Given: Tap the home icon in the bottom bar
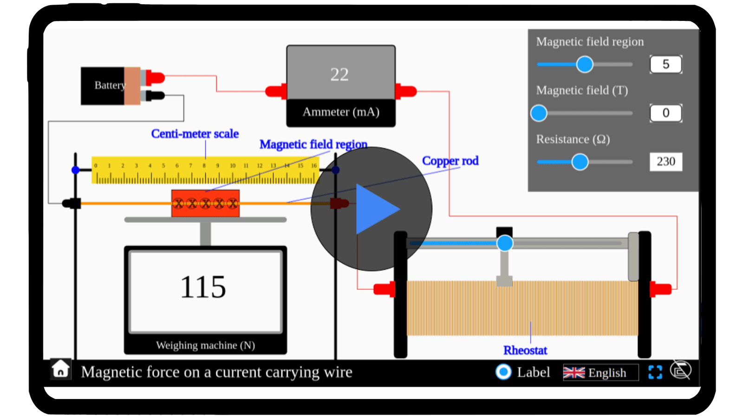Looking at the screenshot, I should point(60,370).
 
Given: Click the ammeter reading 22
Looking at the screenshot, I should point(339,74).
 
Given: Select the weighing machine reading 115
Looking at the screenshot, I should point(203,287).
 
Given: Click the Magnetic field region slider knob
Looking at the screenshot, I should point(585,64).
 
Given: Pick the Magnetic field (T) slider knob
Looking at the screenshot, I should point(539,113).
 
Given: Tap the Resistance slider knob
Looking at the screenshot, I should point(580,162).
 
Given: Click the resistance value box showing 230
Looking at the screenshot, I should point(665,162).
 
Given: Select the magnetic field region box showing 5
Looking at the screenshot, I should point(665,64).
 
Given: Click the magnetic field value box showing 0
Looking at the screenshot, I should point(665,113).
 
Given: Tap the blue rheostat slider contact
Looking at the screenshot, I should point(505,243).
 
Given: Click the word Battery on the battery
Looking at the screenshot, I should point(110,85).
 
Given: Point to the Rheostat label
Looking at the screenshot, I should point(525,350).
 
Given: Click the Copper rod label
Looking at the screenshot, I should point(450,161).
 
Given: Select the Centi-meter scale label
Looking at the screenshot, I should point(195,134).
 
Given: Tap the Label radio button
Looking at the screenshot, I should point(503,372).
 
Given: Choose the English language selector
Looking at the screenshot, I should point(600,372).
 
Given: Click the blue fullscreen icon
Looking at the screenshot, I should point(655,372).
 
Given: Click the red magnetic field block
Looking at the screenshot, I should point(205,203).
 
